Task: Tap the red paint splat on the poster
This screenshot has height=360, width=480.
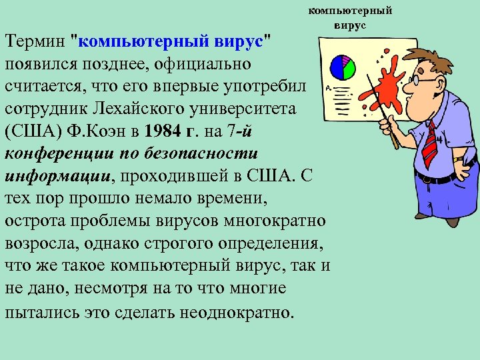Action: click(388, 87)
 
